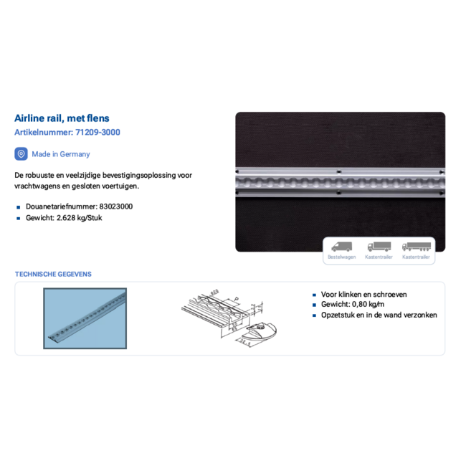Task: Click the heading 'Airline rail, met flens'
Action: [x=62, y=118]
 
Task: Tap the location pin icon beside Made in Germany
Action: [x=22, y=154]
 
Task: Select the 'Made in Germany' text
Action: [x=61, y=154]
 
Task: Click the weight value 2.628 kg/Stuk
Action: [x=79, y=218]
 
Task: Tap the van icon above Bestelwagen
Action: [x=341, y=247]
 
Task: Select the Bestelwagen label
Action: [x=341, y=257]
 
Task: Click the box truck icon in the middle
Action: [x=379, y=247]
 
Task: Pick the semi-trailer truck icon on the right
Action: [x=416, y=247]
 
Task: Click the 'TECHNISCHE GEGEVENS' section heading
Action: [x=53, y=274]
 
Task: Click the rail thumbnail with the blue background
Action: [x=85, y=318]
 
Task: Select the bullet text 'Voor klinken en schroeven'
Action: [x=364, y=294]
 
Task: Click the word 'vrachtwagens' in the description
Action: [x=36, y=186]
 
